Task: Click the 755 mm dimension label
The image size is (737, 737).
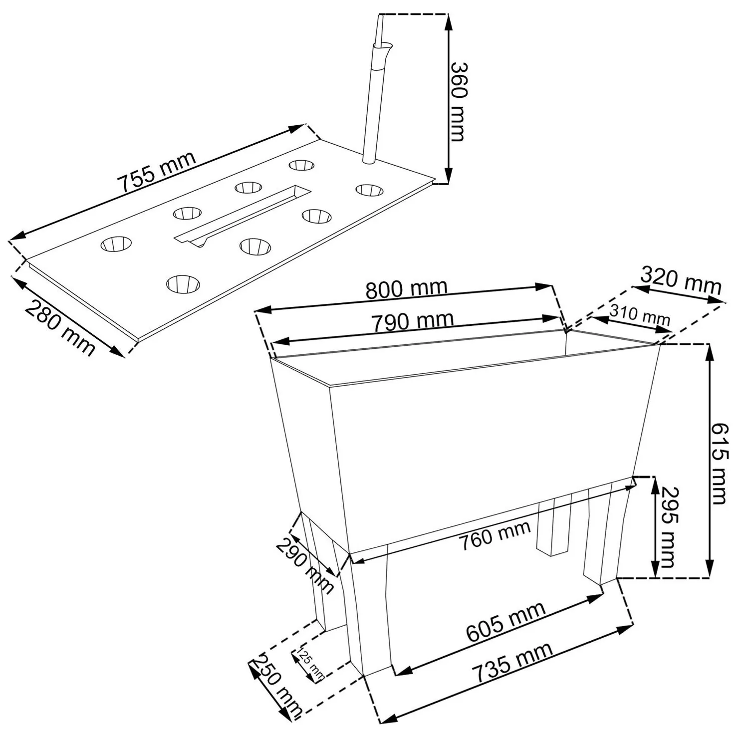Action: click(x=157, y=172)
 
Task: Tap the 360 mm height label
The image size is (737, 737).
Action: click(x=458, y=101)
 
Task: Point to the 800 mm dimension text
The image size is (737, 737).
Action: click(x=406, y=289)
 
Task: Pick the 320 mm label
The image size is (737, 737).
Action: click(x=681, y=281)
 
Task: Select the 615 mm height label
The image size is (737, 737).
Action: click(x=720, y=464)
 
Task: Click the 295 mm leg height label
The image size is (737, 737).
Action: click(x=668, y=527)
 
